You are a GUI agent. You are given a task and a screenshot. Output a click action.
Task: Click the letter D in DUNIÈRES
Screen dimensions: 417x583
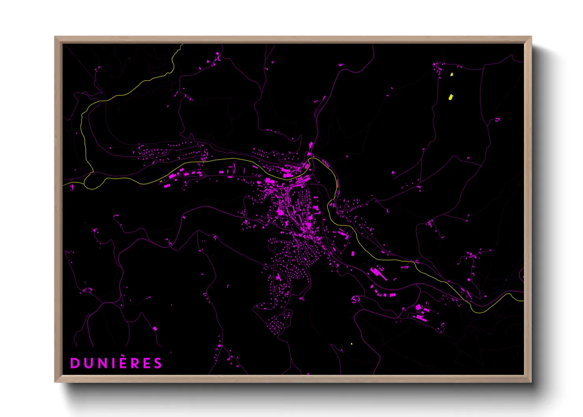point(74,363)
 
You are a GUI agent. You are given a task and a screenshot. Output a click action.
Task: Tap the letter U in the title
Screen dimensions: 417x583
point(87,363)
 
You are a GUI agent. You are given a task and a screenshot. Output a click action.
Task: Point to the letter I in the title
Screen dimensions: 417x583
point(113,363)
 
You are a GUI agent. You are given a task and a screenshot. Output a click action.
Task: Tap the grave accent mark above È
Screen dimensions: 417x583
point(123,356)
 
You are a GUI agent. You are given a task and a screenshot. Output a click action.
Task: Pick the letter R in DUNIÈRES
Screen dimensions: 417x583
point(135,363)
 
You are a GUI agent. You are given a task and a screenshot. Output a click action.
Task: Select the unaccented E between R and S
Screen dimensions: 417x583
point(147,363)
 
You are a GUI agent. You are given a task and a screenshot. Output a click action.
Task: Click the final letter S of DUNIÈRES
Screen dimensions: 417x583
point(158,363)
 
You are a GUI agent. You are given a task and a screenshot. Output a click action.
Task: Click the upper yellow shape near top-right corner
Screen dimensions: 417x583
point(452,74)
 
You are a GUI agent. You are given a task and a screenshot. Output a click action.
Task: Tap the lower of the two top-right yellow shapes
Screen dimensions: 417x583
point(451,97)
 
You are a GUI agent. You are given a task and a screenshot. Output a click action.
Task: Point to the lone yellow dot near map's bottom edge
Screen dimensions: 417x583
point(351,344)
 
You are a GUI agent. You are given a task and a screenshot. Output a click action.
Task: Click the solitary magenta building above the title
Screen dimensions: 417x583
point(155,328)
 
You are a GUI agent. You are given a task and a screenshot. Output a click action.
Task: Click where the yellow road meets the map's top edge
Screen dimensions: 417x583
point(182,45)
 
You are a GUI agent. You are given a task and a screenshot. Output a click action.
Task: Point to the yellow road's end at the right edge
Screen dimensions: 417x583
point(523,301)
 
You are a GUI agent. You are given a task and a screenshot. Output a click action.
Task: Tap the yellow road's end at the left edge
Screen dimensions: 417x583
point(64,184)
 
